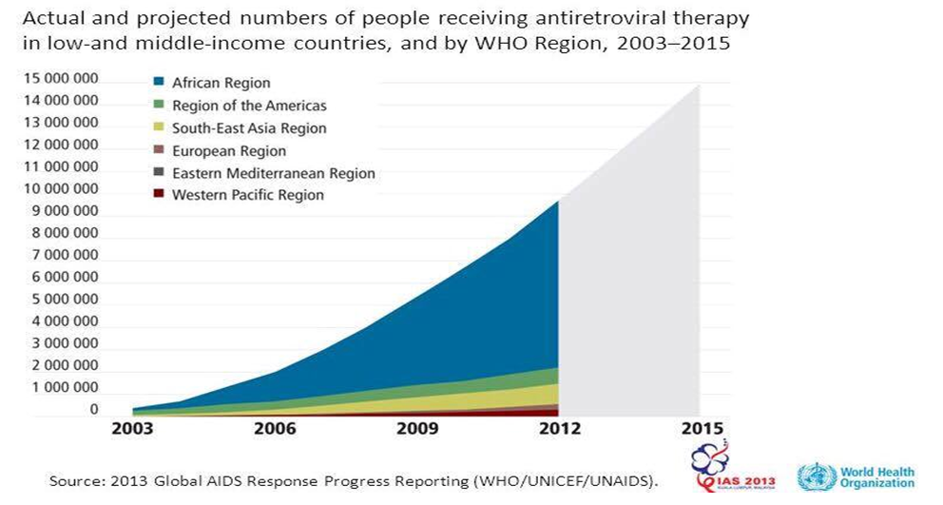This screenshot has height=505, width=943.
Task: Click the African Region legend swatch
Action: click(159, 84)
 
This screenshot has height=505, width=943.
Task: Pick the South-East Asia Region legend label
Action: click(248, 128)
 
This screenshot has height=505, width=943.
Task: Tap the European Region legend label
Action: click(228, 150)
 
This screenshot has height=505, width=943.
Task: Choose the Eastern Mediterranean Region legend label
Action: click(273, 173)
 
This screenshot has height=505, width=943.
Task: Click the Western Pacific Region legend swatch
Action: click(159, 195)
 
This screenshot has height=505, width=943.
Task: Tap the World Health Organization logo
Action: click(856, 476)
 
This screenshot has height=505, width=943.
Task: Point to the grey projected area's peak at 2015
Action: click(699, 86)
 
